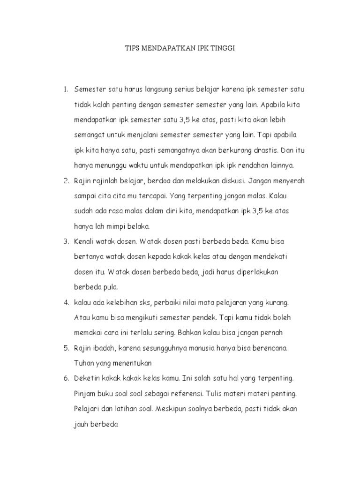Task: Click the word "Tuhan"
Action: coord(84,363)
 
